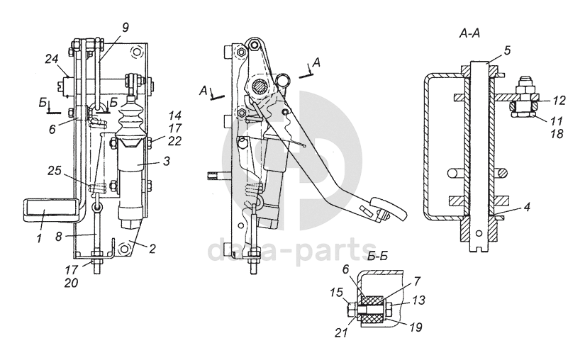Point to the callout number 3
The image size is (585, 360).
point(166,162)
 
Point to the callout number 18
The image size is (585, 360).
point(556,134)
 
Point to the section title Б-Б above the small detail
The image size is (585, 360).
point(377,257)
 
